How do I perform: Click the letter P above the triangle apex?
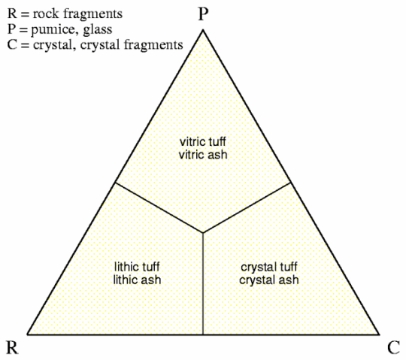(203, 14)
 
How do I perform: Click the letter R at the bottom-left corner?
(12, 347)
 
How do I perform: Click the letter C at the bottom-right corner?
(393, 347)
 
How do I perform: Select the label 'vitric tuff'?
(203, 141)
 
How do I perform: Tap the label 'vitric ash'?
(203, 155)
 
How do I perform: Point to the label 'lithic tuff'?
(137, 267)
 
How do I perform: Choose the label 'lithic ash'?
(137, 280)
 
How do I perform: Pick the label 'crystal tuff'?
(269, 267)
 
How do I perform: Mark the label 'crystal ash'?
(269, 280)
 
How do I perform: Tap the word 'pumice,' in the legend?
(54, 30)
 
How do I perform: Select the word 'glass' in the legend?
(98, 29)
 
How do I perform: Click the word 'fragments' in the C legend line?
(153, 44)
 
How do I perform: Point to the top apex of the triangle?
(203, 30)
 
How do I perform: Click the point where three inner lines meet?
(203, 233)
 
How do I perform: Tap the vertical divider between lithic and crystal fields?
(203, 283)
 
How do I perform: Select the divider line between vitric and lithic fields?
(159, 207)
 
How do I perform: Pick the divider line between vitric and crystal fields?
(247, 207)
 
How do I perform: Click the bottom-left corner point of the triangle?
(27, 334)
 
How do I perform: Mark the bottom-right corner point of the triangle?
(380, 334)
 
